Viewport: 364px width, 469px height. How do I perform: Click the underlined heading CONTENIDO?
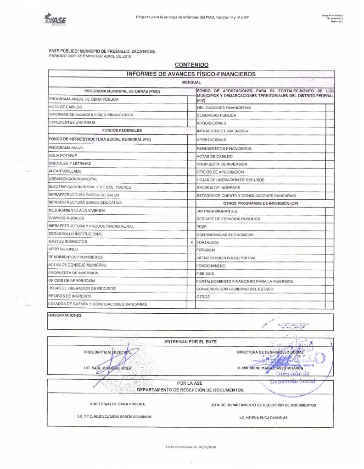click(x=191, y=65)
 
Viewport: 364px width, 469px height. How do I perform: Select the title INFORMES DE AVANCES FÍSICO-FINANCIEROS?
click(x=191, y=73)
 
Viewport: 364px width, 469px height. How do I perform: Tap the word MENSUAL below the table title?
click(x=191, y=82)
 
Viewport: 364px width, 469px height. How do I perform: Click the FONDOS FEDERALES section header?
click(x=117, y=131)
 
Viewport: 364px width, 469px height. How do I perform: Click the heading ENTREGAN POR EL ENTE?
click(x=190, y=342)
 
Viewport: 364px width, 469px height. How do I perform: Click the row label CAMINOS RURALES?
click(x=66, y=218)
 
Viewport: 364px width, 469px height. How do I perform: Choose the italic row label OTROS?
click(x=203, y=297)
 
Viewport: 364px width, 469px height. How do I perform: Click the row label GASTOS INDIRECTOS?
click(x=67, y=241)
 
